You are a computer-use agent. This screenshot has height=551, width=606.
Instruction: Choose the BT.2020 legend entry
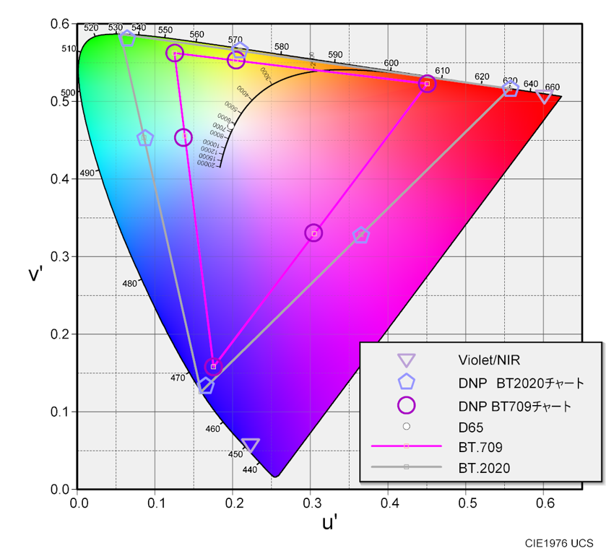(x=483, y=468)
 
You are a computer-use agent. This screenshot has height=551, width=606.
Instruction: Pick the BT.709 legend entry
(x=477, y=447)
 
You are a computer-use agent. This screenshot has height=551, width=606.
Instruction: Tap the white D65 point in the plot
(x=230, y=126)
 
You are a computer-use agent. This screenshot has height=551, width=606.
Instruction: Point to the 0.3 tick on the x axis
(x=311, y=500)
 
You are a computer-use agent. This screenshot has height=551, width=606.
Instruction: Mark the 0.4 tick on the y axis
(x=60, y=179)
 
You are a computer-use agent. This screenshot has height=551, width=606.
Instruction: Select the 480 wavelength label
(x=129, y=283)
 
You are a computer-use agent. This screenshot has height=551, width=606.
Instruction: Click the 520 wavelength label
(x=91, y=28)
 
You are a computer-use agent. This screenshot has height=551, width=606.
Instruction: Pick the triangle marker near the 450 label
(x=250, y=446)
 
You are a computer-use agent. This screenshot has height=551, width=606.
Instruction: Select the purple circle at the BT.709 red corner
(x=427, y=84)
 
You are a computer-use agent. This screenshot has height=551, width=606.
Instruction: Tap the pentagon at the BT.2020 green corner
(x=127, y=38)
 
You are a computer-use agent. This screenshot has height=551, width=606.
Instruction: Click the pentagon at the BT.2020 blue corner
(x=207, y=386)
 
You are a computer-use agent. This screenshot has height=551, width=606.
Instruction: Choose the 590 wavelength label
(x=335, y=55)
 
